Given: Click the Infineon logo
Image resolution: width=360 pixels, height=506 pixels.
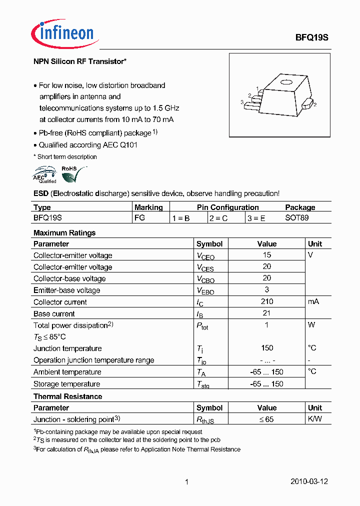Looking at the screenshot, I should [x=63, y=33].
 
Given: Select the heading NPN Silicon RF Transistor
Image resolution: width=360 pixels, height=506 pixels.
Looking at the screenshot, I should [x=79, y=61].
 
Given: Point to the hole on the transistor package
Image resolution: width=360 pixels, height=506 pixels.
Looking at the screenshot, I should [x=285, y=83].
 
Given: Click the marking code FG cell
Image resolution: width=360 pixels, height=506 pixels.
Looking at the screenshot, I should [x=139, y=218].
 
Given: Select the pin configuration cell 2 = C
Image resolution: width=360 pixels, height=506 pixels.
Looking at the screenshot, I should [x=218, y=218].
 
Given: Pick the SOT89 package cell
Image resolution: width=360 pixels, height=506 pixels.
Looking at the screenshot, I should [x=297, y=218].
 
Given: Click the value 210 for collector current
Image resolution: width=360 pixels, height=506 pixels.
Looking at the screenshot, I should [x=267, y=301].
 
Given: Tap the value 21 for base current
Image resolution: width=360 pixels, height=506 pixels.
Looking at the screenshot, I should [x=267, y=313].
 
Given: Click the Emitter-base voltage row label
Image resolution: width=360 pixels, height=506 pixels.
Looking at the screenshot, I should [x=66, y=290].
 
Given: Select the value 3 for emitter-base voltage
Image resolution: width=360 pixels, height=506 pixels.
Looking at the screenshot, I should [x=267, y=289].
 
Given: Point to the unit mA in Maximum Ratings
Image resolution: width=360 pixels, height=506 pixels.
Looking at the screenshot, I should [x=313, y=301].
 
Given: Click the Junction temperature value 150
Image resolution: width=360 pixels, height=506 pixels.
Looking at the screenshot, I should [x=267, y=348].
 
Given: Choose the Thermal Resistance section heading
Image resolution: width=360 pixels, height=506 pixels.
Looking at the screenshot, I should [x=67, y=396].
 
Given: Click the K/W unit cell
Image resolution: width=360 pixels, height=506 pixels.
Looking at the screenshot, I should [x=315, y=419].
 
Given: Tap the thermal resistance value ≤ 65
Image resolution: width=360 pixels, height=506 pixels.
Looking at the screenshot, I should [x=266, y=419].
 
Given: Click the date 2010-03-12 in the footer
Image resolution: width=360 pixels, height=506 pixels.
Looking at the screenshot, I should [x=309, y=481].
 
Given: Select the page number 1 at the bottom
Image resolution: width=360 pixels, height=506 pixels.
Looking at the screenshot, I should [x=186, y=482].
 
